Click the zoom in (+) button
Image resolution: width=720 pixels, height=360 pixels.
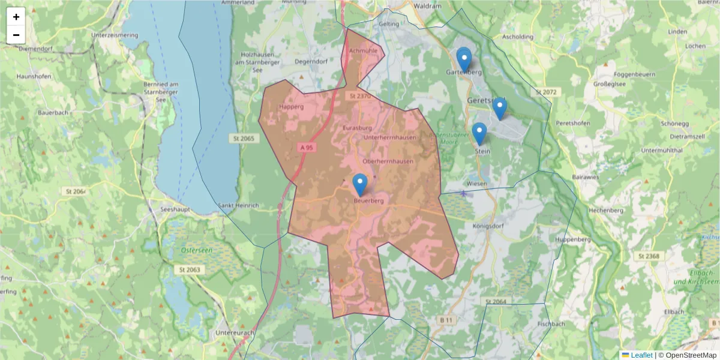point(16,17)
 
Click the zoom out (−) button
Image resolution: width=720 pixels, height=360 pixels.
point(16,35)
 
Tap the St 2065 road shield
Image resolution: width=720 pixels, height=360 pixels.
point(242,139)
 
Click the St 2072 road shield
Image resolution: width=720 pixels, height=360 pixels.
point(546,92)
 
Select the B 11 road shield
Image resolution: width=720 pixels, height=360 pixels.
point(445,321)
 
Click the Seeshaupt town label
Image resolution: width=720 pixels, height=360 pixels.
point(174,209)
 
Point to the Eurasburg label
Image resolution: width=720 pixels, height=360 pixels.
point(358,128)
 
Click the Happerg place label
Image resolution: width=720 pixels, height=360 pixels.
point(292,107)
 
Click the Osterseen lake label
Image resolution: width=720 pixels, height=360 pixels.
point(196,250)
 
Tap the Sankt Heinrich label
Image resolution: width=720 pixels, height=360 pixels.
point(238,205)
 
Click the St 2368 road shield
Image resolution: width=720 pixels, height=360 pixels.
point(649,256)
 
